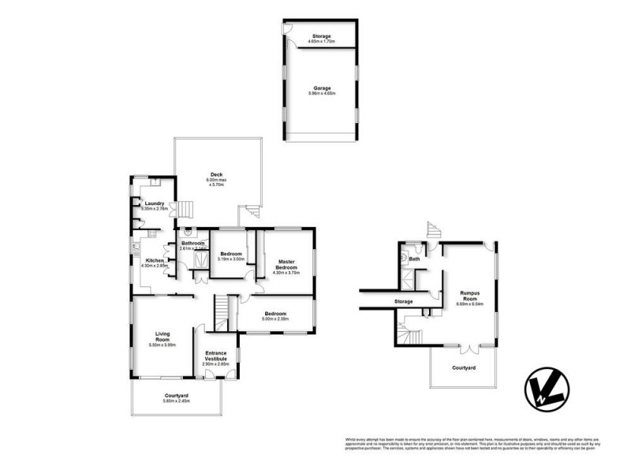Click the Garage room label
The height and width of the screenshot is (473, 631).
coord(320,88)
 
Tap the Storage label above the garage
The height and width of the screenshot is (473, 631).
coord(320,35)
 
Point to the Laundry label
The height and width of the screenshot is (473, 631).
coord(154,203)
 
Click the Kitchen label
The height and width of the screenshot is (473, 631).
coord(154,260)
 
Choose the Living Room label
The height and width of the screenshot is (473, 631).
coord(163,336)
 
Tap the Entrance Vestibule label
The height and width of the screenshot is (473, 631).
coord(216,356)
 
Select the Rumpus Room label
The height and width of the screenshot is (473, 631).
coord(469,296)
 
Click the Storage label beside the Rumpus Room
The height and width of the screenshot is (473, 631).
coord(404,301)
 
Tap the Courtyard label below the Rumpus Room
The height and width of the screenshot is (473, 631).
coord(463,368)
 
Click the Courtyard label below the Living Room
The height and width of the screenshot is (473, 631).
coord(176,396)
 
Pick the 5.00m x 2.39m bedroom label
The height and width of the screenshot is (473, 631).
coord(275,314)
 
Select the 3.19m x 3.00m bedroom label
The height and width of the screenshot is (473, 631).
coord(230,254)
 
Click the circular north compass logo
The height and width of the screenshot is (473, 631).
coord(545,389)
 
